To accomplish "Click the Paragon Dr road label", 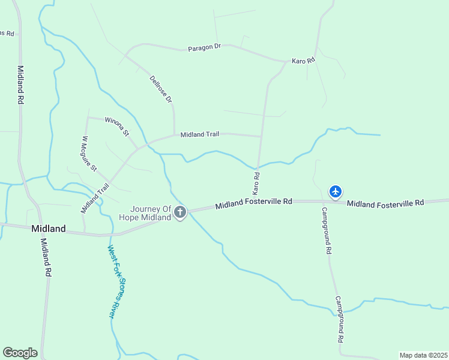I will pos(205,47).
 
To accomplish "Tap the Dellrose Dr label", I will pos(161,88).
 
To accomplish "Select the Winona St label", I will pos(117,127).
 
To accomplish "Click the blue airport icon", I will pos(336,191).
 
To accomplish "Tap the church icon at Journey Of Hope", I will pos(180,212).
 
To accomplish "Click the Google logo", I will pos(20,353).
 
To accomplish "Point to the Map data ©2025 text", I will pos(423,355).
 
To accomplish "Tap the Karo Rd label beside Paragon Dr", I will pos(303,61).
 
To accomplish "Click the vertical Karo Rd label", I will pos(256,183).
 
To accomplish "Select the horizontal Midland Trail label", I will pos(200,134).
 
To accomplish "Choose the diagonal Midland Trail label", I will pos(96,198).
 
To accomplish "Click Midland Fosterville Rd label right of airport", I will pos(385,203).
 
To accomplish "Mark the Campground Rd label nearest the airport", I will pos(327,231).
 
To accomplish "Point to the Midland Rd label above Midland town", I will pos(20,85).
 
